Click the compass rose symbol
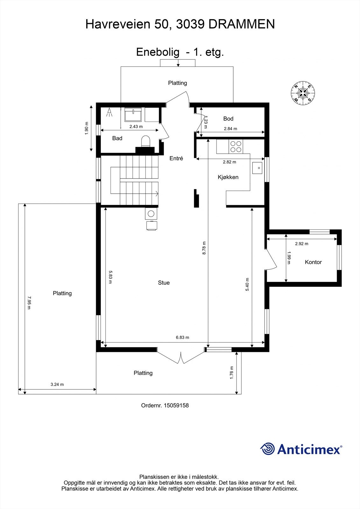[x=303, y=93]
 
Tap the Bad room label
[x=117, y=138]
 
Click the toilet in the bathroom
[x=145, y=141]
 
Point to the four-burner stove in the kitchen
[x=236, y=146]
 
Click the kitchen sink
[x=258, y=168]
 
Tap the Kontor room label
[x=313, y=262]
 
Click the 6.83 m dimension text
[x=182, y=338]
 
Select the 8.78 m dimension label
[x=204, y=248]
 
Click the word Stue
[x=164, y=282]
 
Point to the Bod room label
[x=228, y=119]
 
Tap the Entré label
[x=176, y=158]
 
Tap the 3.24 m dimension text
[x=57, y=384]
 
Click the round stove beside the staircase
[x=151, y=214]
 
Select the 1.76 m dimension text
[x=232, y=372]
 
